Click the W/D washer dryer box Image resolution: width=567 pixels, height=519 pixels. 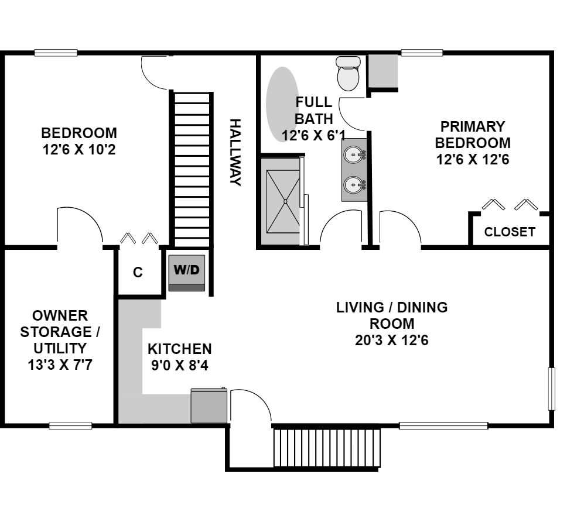click(187, 273)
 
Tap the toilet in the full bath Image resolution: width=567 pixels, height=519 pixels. click(348, 74)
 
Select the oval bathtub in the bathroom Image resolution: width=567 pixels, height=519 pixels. click(282, 104)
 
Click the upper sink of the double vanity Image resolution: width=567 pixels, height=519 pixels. click(354, 155)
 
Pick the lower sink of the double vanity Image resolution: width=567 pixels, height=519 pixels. click(354, 185)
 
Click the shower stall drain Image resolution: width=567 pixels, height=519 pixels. click(285, 201)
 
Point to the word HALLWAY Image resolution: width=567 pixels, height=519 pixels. click(235, 152)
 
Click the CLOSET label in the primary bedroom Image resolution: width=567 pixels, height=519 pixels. click(510, 232)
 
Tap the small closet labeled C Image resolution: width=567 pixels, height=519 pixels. click(138, 271)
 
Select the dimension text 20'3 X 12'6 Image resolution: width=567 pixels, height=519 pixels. click(392, 340)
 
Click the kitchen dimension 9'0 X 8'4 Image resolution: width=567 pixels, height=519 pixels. click(180, 366)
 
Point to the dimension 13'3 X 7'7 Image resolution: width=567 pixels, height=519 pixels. click(60, 365)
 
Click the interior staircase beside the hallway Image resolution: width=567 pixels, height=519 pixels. click(192, 169)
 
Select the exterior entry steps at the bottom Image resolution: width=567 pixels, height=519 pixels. click(327, 448)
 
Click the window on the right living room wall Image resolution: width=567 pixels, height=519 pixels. click(552, 389)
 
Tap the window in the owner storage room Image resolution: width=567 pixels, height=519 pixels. click(70, 426)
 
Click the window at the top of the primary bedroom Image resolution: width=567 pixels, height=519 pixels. click(422, 53)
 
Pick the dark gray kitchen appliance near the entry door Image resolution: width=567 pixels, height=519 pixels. click(209, 405)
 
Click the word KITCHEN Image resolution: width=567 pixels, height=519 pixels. click(180, 349)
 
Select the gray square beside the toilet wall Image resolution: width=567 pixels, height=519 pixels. click(383, 71)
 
